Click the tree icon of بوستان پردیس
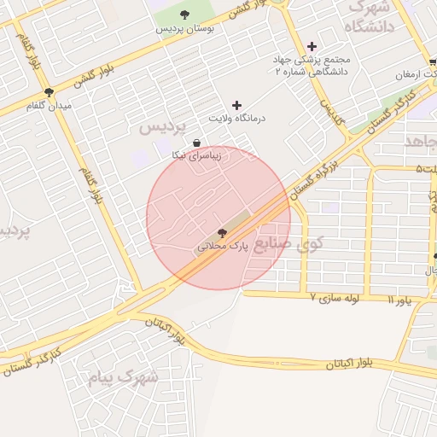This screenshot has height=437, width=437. click(x=185, y=13)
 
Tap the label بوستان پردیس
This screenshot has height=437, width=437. click(x=184, y=28)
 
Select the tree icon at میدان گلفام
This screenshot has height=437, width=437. click(x=48, y=92)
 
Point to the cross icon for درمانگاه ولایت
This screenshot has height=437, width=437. click(x=236, y=105)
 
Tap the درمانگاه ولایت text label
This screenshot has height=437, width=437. click(x=236, y=119)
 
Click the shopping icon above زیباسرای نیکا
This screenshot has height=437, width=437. click(x=197, y=143)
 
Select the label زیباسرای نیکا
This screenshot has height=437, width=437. click(x=197, y=156)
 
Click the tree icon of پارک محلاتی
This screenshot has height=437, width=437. click(x=222, y=231)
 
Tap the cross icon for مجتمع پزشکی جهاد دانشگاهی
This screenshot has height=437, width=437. click(x=312, y=46)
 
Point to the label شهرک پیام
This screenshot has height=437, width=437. click(x=124, y=376)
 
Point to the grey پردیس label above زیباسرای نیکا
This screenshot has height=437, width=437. click(x=162, y=127)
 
